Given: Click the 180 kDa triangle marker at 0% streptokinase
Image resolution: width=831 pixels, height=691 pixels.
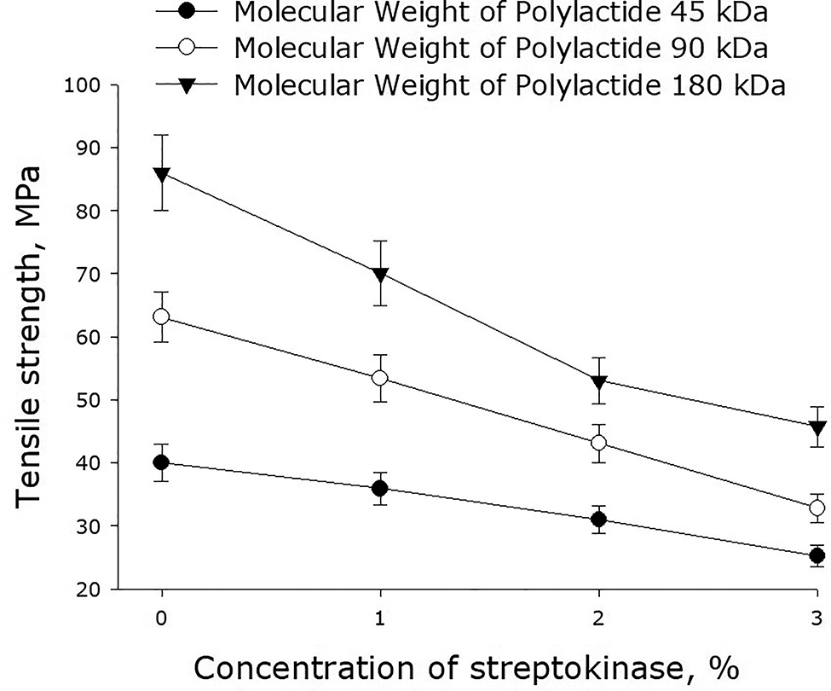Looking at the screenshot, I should point(160,175).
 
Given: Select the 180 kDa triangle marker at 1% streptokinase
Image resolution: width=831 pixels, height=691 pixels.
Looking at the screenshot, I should point(379,275).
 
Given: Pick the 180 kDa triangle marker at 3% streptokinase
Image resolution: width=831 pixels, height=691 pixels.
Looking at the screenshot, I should point(817,427).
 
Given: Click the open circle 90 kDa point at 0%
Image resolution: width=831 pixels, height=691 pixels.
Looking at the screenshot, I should point(160,317).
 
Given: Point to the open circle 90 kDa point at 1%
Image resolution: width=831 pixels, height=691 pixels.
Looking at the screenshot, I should point(379,378).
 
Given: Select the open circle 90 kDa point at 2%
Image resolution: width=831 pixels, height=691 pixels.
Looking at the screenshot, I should point(598,443).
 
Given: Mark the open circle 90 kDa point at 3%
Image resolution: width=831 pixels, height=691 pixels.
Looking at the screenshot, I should point(817,508).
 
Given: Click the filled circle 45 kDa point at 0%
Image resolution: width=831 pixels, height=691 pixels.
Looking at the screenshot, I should point(160,462).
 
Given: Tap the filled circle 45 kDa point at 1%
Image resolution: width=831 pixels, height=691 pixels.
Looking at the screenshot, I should point(379,488).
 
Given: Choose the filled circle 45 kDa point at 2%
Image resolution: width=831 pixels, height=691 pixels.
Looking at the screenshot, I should point(598,519).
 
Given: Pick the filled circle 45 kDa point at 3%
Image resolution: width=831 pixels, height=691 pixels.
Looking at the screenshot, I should point(817,555).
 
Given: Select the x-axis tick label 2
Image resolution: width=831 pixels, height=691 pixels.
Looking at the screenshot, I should point(598,616).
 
